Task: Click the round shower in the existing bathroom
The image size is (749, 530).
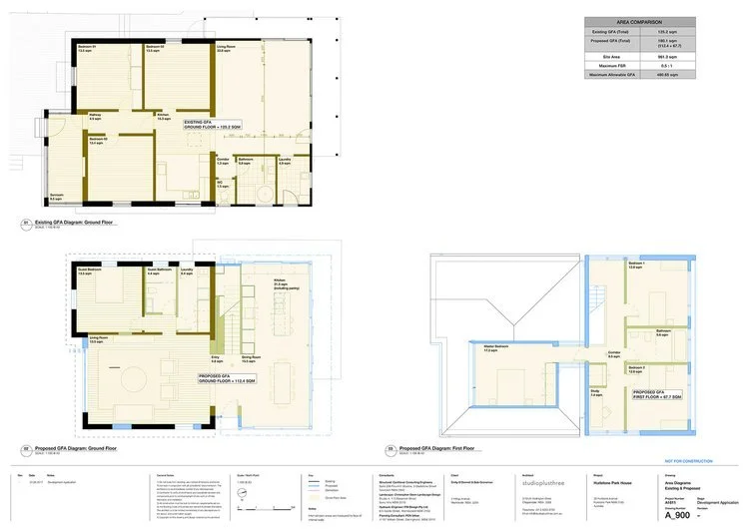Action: [264, 193]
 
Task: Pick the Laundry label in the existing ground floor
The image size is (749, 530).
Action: [285, 159]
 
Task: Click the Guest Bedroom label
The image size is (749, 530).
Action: [90, 271]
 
